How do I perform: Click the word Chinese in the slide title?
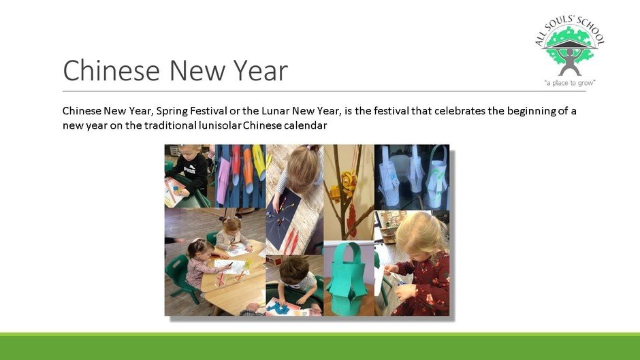pyautogui.click(x=111, y=70)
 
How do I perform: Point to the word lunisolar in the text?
pyautogui.click(x=220, y=125)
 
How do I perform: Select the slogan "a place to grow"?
pyautogui.click(x=570, y=83)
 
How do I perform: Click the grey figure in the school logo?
pyautogui.click(x=569, y=61)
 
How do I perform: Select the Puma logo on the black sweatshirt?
pyautogui.click(x=190, y=170)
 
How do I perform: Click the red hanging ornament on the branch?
pyautogui.click(x=351, y=220)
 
